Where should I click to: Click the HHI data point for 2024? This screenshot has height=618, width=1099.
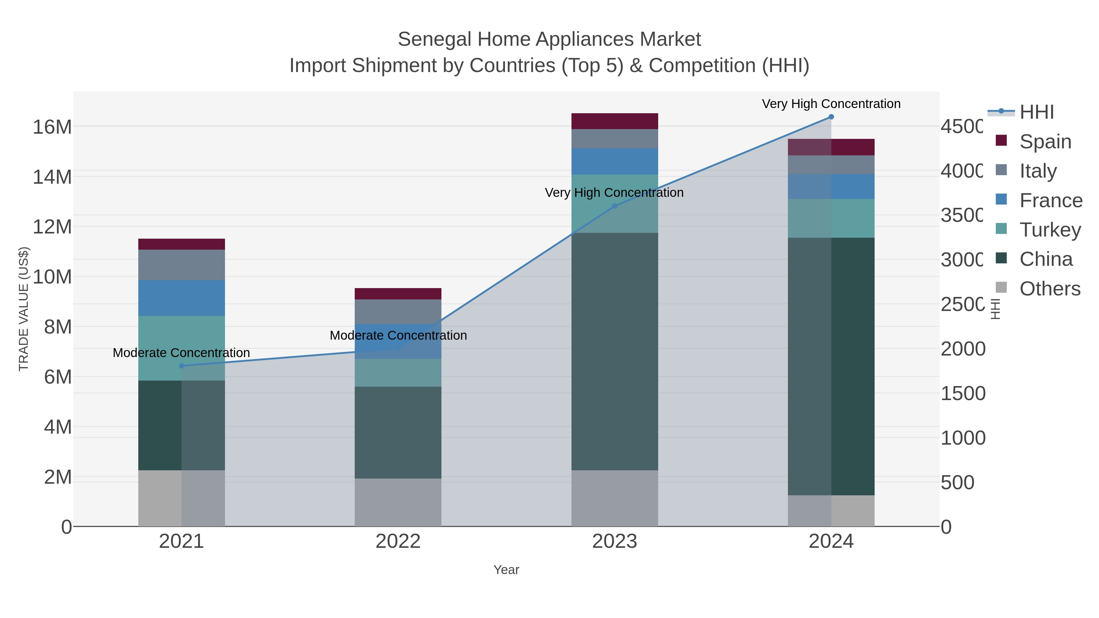pyautogui.click(x=831, y=117)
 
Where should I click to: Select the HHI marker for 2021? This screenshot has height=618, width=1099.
pyautogui.click(x=181, y=366)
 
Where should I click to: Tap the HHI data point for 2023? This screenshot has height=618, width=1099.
pyautogui.click(x=614, y=206)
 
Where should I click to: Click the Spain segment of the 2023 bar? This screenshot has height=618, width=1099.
pyautogui.click(x=614, y=121)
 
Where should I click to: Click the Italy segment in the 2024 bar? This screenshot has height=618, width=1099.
pyautogui.click(x=831, y=164)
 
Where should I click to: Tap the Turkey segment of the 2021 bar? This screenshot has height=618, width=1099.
pyautogui.click(x=181, y=348)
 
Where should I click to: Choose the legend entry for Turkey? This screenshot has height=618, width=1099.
pyautogui.click(x=1050, y=230)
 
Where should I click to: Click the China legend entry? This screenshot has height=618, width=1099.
pyautogui.click(x=1045, y=259)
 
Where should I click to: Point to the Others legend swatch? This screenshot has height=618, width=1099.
pyautogui.click(x=1001, y=288)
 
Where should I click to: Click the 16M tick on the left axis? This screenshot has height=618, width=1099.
pyautogui.click(x=52, y=127)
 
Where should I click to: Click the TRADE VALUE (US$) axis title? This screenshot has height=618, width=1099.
pyautogui.click(x=24, y=309)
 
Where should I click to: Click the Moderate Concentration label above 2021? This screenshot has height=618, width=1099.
pyautogui.click(x=181, y=353)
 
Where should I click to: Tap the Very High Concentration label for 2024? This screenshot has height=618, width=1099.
pyautogui.click(x=831, y=104)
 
